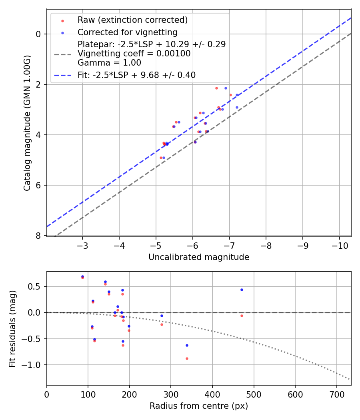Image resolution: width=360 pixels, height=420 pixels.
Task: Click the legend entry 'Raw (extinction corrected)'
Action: (x=132, y=20)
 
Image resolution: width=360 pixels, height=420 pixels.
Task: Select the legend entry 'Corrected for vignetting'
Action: (x=127, y=32)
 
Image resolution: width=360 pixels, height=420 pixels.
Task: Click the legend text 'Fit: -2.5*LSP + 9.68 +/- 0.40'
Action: (x=136, y=75)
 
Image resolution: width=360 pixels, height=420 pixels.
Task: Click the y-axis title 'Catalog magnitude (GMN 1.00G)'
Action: (x=27, y=123)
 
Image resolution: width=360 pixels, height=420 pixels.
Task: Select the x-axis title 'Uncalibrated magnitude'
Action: (x=199, y=257)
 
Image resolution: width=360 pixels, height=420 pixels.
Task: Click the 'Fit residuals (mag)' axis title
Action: (x=12, y=328)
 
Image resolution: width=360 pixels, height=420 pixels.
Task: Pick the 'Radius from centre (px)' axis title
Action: (x=199, y=406)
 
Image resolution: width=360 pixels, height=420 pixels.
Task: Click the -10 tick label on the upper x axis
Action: (x=339, y=245)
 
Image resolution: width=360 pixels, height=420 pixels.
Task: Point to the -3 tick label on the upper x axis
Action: (x=82, y=245)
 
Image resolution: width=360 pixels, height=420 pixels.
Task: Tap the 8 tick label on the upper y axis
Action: (x=38, y=236)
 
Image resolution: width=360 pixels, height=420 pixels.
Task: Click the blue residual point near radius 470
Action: (x=242, y=290)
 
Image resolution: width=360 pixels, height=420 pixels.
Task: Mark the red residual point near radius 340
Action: (x=187, y=358)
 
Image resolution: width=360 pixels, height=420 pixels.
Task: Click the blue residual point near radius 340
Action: (x=187, y=345)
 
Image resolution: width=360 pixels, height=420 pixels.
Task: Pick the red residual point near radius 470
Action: (x=242, y=316)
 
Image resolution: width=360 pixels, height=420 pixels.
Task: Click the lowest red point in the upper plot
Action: (x=161, y=158)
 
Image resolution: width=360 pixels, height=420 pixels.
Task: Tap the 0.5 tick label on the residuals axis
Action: (x=36, y=286)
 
